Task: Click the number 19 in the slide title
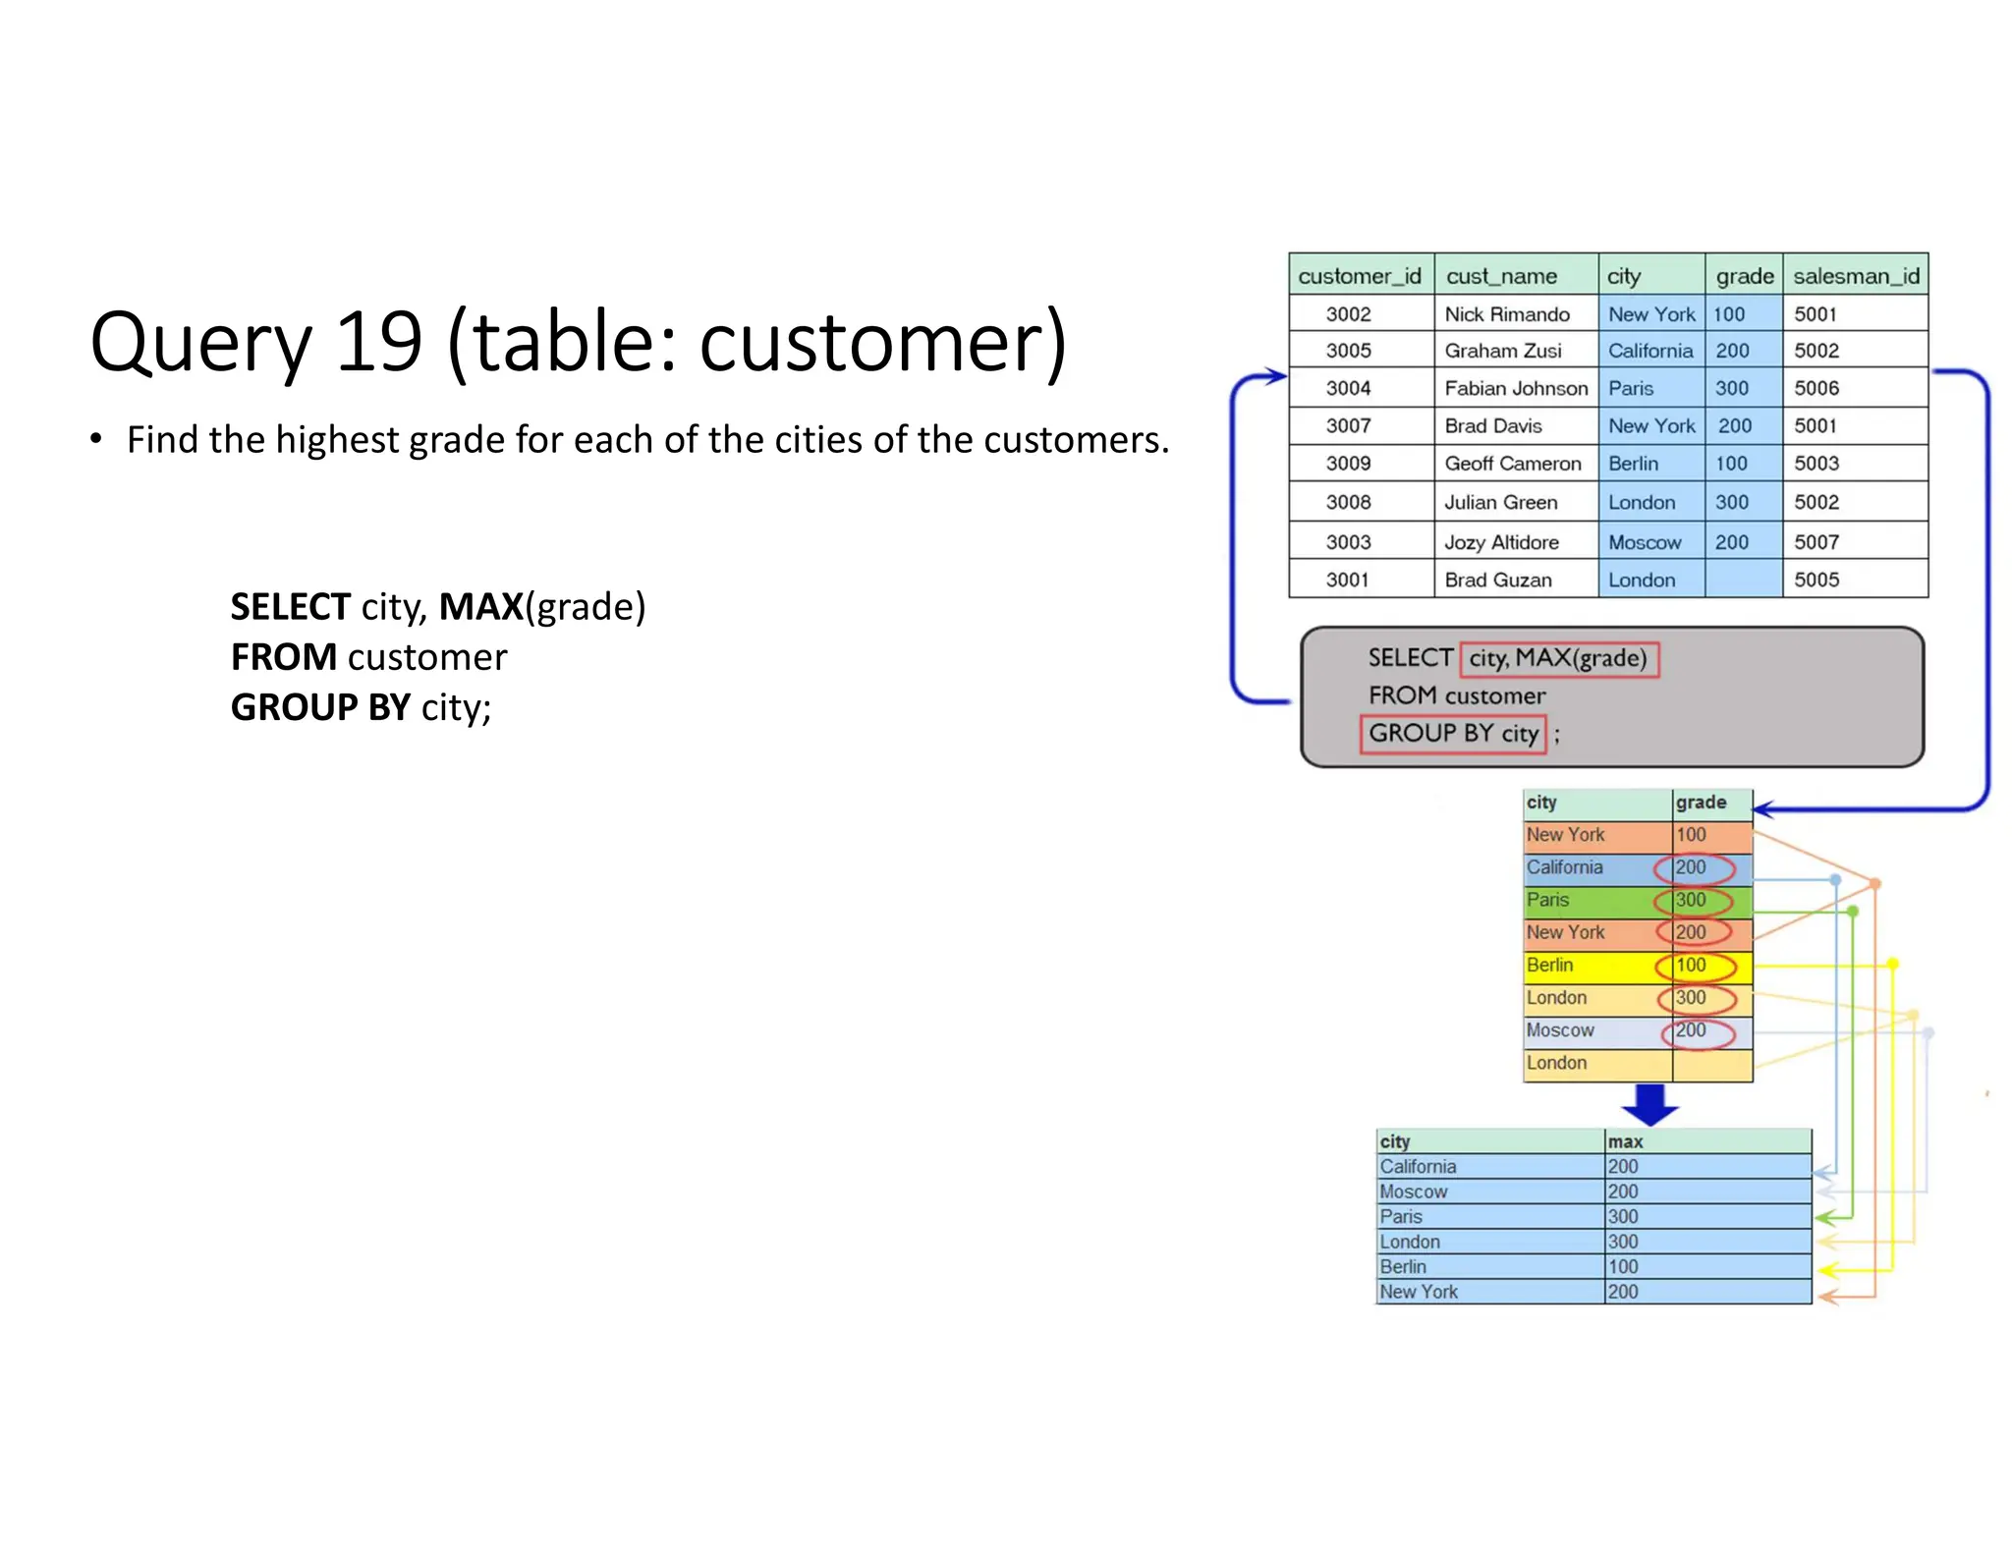click(x=378, y=342)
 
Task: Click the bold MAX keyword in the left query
click(x=480, y=607)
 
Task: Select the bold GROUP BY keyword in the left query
click(x=320, y=707)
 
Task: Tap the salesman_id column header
click(x=1855, y=276)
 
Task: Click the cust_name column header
click(x=1501, y=276)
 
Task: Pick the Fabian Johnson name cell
click(x=1515, y=388)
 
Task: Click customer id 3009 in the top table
click(x=1348, y=464)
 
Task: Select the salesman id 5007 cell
click(x=1816, y=542)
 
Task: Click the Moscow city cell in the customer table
click(x=1645, y=542)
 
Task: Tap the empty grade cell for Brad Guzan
click(x=1743, y=580)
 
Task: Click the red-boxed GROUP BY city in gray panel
click(x=1453, y=734)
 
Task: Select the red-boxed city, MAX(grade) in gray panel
click(x=1559, y=658)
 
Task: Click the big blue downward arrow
click(x=1650, y=1104)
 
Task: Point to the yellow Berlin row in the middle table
click(x=1596, y=966)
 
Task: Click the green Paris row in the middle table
click(x=1596, y=900)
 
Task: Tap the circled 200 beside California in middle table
click(x=1692, y=867)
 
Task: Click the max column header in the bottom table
click(x=1625, y=1141)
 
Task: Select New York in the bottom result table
click(x=1419, y=1292)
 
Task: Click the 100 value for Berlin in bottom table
click(x=1623, y=1267)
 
